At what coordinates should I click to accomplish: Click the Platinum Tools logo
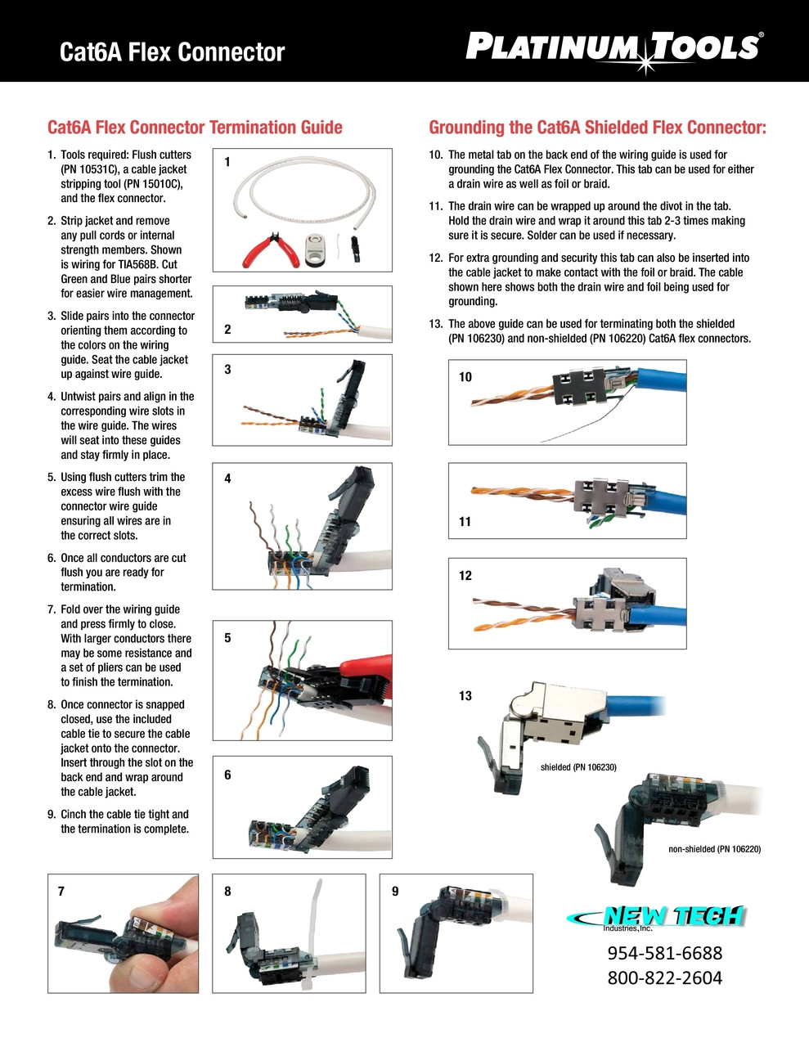click(614, 47)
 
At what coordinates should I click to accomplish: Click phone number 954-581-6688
click(664, 953)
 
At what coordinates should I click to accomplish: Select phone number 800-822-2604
click(664, 978)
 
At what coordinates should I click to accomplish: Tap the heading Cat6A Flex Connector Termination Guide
click(195, 128)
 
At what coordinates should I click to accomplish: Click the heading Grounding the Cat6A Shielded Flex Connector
click(597, 128)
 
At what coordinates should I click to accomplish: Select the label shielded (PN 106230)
click(578, 767)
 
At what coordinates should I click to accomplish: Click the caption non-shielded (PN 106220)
click(714, 849)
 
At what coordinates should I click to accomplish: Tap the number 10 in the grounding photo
click(465, 377)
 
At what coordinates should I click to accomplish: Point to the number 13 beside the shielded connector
click(465, 696)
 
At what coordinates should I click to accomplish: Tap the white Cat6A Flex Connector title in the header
click(172, 52)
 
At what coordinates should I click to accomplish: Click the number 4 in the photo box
click(227, 479)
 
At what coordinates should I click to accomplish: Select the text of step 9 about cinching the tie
click(124, 821)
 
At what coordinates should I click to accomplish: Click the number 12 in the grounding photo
click(465, 576)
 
